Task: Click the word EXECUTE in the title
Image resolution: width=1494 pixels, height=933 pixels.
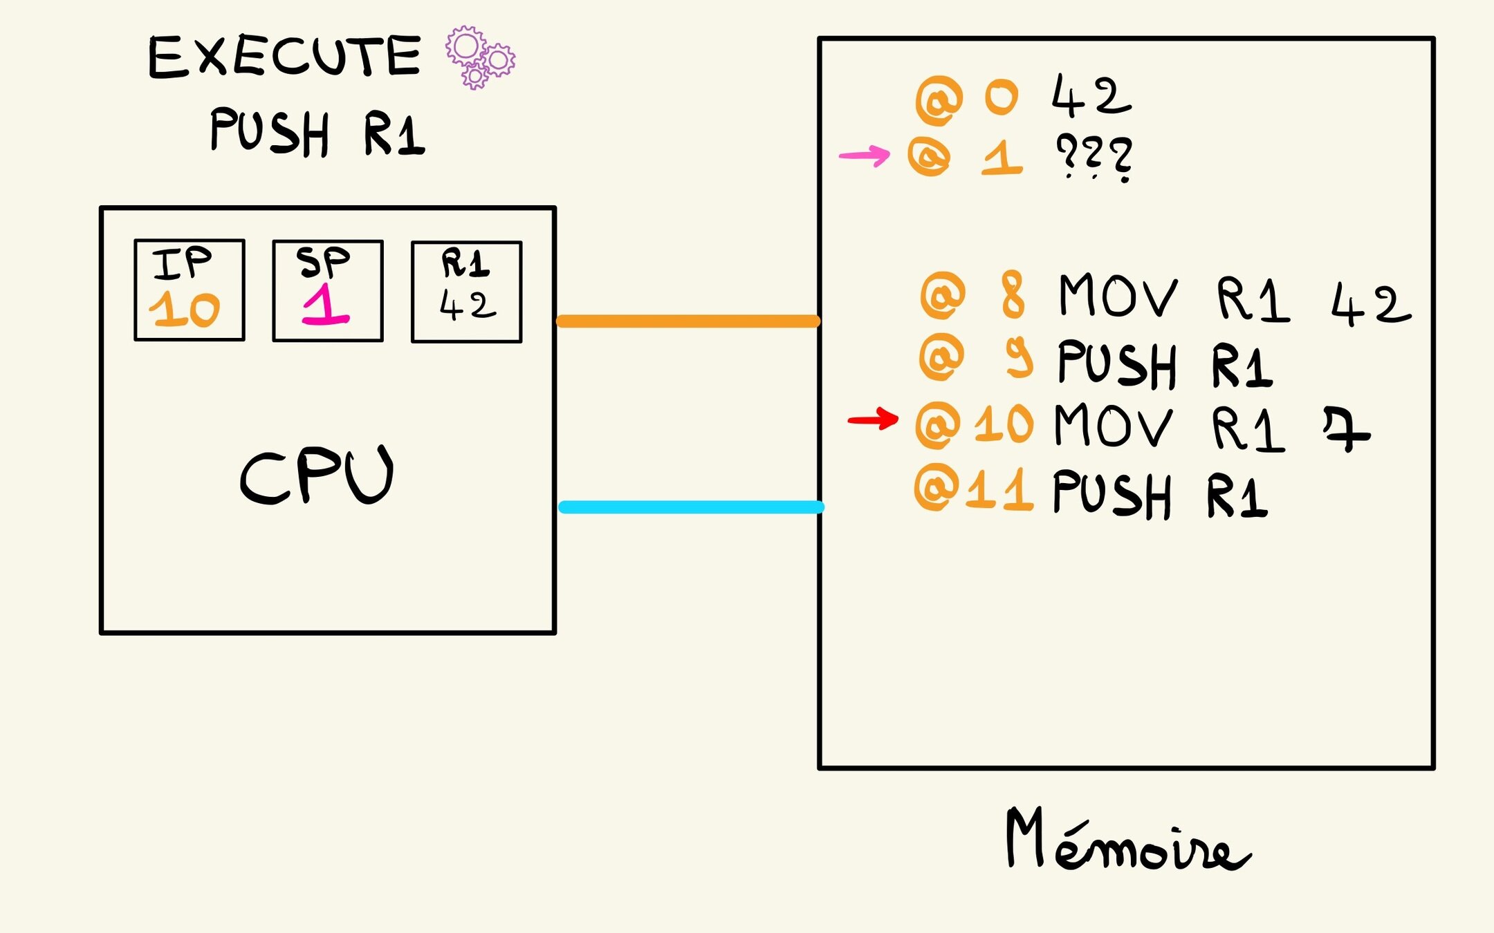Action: [x=284, y=56]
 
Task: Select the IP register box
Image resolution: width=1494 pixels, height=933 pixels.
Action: [x=190, y=290]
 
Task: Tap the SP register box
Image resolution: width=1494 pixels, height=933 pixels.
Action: [x=328, y=291]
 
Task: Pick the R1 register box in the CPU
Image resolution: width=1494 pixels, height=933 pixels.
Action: [x=467, y=292]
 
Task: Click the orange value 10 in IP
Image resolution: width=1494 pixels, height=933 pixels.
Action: [x=185, y=310]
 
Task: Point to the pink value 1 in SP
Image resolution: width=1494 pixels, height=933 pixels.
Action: [x=326, y=305]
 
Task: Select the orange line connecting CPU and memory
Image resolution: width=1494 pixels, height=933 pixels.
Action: [x=688, y=321]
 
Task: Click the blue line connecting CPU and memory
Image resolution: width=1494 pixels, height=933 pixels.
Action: [x=691, y=507]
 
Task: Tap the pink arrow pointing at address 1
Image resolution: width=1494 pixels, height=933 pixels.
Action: [x=865, y=155]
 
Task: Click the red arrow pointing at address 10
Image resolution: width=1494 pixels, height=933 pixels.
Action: [x=873, y=419]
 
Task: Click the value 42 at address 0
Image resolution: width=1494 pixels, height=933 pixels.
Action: [x=1091, y=97]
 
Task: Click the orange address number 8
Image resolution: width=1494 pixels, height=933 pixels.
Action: [x=1013, y=295]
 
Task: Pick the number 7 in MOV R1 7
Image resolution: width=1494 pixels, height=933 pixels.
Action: [x=1346, y=428]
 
